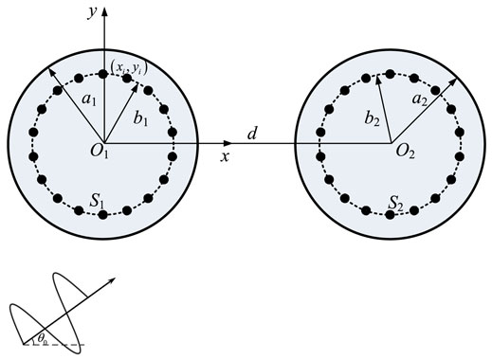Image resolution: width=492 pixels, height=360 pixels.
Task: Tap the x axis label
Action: click(226, 156)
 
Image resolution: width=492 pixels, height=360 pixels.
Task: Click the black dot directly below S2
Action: click(390, 215)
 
